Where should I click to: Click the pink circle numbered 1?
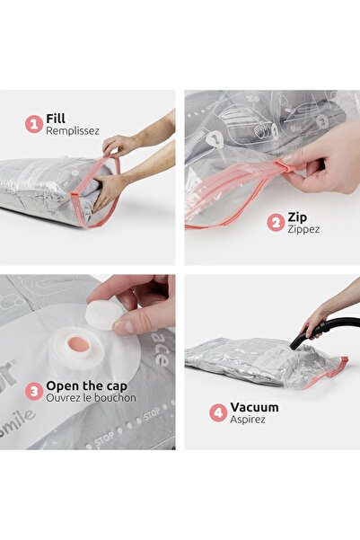click(34, 123)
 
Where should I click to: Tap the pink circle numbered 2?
click(276, 222)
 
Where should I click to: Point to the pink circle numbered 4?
click(217, 413)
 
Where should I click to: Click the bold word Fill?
click(56, 118)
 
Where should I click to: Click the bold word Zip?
click(297, 217)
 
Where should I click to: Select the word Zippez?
click(303, 229)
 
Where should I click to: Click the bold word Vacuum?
click(254, 407)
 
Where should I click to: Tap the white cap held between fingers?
click(104, 313)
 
